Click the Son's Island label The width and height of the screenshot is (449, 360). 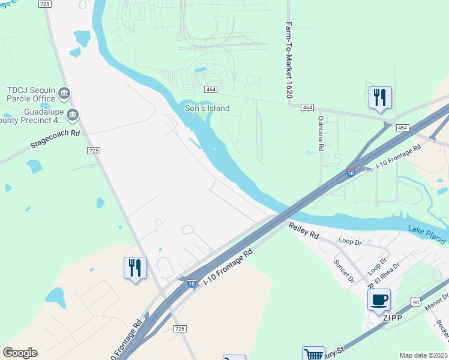click(x=206, y=108)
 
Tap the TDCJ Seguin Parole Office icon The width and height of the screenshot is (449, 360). click(x=64, y=94)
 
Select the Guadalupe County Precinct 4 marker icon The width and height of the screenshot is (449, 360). click(x=73, y=115)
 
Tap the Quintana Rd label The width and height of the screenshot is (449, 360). click(x=321, y=133)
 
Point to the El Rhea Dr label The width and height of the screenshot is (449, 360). click(x=387, y=274)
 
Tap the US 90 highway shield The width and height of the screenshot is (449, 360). click(x=415, y=302)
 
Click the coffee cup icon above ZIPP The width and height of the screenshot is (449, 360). click(x=379, y=299)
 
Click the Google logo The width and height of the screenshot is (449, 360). click(x=20, y=353)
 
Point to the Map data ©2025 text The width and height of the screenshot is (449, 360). click(x=423, y=355)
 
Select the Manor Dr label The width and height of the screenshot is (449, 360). click(x=436, y=302)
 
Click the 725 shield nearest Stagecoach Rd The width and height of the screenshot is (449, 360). click(x=93, y=151)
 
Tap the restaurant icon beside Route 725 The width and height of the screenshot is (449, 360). click(x=135, y=267)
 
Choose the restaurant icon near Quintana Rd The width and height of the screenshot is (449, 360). click(x=380, y=97)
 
